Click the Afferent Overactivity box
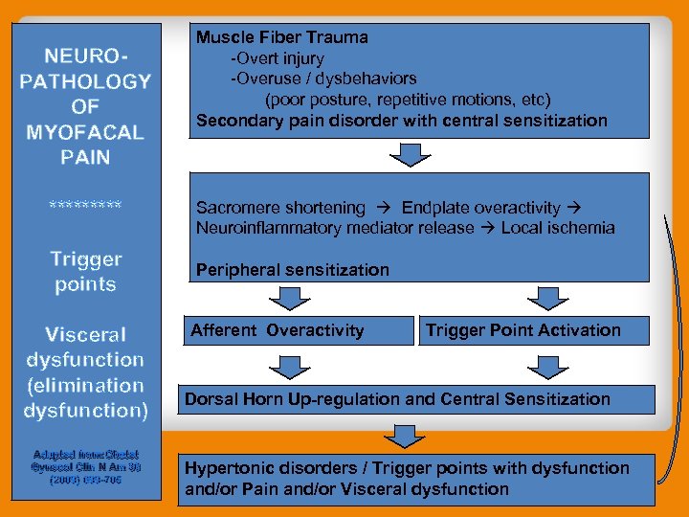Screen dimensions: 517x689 tap(299, 330)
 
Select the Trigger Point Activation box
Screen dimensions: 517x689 tap(536, 330)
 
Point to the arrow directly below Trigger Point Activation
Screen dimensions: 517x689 tap(547, 366)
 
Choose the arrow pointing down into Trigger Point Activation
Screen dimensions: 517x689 tap(547, 298)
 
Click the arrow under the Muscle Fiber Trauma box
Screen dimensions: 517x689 tap(409, 154)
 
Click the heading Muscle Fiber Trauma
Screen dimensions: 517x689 tap(282, 38)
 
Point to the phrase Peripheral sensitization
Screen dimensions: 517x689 tap(293, 270)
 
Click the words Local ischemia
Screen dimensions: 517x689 tap(558, 228)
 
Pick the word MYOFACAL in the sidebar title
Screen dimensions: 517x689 tap(85, 132)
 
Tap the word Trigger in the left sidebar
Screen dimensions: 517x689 tap(85, 259)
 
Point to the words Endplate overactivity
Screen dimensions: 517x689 tap(480, 208)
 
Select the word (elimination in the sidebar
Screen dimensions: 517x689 tap(85, 385)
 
